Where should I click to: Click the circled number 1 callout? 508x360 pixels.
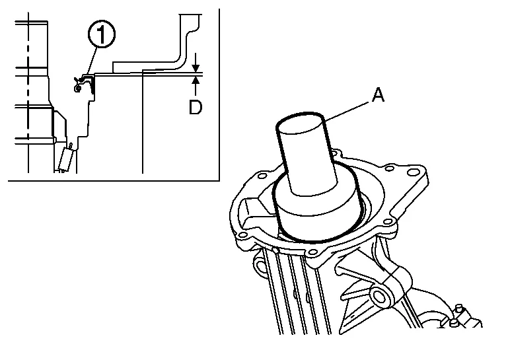click(102, 34)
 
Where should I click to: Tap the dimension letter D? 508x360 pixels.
click(196, 107)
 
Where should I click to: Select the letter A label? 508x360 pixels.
click(378, 95)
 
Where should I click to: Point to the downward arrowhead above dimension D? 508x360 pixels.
click(196, 68)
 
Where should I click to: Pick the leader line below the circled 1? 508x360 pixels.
click(91, 61)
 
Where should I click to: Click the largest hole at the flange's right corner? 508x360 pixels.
click(412, 172)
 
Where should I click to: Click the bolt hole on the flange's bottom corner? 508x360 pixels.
click(312, 252)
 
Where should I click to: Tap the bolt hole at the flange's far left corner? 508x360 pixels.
click(242, 234)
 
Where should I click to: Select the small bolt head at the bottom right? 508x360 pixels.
click(454, 322)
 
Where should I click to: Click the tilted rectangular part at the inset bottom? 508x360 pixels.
click(65, 159)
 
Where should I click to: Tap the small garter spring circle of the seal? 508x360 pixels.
click(77, 88)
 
